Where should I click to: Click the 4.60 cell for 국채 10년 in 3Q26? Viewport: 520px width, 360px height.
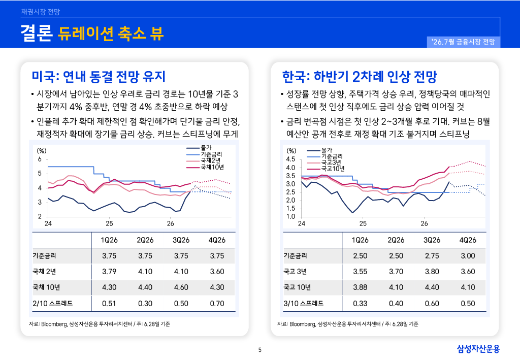point(181,287)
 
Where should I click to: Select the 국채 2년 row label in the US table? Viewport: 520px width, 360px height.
point(45,272)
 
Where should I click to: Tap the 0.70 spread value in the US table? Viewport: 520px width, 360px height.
point(217,303)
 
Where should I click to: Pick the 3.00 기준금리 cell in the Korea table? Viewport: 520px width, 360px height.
point(468,256)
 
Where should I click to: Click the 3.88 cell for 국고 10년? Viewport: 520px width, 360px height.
point(360,287)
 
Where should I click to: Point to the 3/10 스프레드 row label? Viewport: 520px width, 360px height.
point(304,303)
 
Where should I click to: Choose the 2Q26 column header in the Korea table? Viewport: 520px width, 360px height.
point(396,240)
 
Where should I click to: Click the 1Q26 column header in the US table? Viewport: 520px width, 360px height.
point(109,240)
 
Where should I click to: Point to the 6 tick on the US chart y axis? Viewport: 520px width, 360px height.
point(40,159)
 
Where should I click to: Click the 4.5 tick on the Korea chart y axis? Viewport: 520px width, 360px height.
point(290,159)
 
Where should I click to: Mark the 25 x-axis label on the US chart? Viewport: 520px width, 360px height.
point(110,223)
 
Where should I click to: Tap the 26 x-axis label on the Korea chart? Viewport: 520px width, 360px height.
point(424,223)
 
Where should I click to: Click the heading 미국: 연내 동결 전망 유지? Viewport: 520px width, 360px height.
point(99,77)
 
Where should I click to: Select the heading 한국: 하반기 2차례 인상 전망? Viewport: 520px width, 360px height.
point(360,77)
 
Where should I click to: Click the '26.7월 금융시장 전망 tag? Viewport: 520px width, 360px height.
point(463,42)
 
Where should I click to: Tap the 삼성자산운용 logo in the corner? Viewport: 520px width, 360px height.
point(478,349)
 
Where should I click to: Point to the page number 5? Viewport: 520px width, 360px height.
point(260,350)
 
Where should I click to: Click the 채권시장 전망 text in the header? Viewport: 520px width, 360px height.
point(41,12)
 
